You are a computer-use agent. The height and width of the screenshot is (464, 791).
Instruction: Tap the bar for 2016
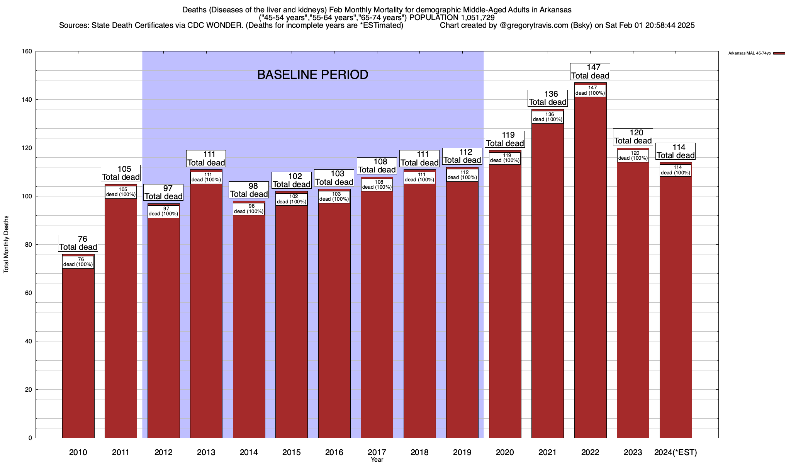pos(334,317)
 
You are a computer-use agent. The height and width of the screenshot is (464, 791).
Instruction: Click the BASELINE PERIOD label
pos(312,75)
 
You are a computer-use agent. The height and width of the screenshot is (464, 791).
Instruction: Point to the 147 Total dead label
pos(590,72)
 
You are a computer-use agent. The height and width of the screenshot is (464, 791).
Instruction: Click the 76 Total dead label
pos(78,243)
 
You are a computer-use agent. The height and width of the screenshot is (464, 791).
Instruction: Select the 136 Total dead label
pos(548,98)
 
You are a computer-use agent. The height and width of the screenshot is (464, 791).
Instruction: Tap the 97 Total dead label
pos(163,193)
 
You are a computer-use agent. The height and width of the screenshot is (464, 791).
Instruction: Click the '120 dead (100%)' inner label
pos(633,155)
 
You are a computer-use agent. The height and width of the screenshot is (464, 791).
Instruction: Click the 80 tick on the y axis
pos(29,245)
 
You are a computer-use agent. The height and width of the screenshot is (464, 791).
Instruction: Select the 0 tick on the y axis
pos(30,438)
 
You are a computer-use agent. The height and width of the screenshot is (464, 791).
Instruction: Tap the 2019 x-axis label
pos(462,452)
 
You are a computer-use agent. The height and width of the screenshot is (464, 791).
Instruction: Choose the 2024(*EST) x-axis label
pos(676,452)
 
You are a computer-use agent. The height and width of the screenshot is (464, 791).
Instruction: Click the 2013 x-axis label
pos(206,452)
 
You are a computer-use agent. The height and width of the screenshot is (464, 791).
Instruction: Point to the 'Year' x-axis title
pos(377,460)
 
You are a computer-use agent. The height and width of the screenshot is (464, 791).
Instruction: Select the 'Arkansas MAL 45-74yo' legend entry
pos(749,53)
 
